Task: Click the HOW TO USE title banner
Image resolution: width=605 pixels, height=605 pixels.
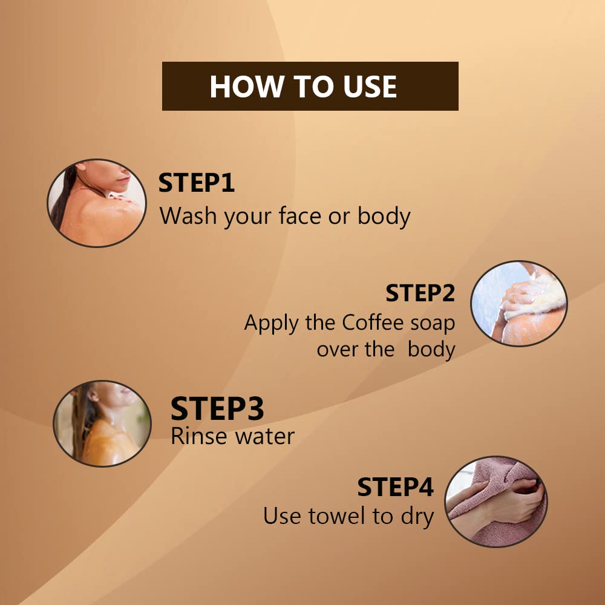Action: click(x=310, y=86)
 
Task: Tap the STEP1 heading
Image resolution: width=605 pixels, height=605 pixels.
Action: click(x=197, y=183)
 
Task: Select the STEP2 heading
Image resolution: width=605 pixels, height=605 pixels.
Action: click(x=420, y=293)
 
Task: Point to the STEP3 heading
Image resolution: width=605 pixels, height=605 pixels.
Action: click(x=217, y=408)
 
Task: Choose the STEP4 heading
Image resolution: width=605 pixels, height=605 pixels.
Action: click(x=396, y=487)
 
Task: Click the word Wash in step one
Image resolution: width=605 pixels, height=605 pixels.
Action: click(x=188, y=215)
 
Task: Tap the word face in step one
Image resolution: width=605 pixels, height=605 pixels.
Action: click(x=300, y=215)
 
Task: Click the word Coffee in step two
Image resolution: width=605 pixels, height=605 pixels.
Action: click(x=373, y=322)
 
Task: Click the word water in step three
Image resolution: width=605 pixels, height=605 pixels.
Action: click(x=265, y=437)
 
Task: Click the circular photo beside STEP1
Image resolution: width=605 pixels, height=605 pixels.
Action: click(x=96, y=203)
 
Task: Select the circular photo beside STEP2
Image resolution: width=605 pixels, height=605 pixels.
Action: click(x=519, y=303)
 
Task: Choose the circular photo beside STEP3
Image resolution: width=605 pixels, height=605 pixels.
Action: click(x=102, y=423)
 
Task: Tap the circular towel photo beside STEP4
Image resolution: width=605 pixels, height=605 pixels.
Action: click(x=496, y=502)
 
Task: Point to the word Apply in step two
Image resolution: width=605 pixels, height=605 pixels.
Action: click(x=272, y=324)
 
